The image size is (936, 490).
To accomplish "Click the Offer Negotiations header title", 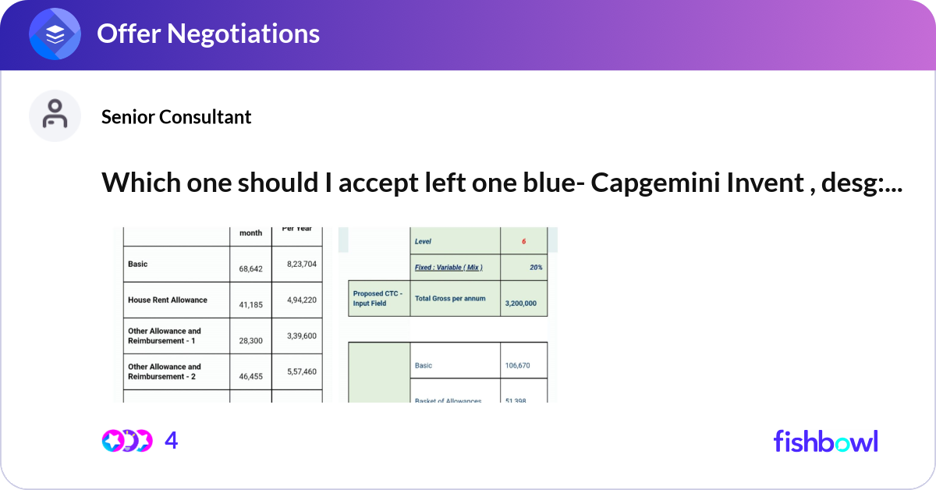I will [x=207, y=34].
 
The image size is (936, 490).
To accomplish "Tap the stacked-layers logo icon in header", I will [x=55, y=34].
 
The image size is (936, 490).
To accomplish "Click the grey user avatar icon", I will [x=55, y=115].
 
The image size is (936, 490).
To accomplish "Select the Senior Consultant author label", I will [x=176, y=117].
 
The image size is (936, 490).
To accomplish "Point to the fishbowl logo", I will [x=825, y=441].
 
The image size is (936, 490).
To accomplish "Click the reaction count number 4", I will [x=172, y=441].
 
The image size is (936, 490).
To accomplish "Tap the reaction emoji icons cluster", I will [x=127, y=441].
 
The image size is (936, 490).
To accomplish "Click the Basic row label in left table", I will [x=138, y=265].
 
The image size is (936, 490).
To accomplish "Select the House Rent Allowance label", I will [x=167, y=300].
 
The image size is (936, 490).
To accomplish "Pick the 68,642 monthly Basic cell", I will [x=251, y=268].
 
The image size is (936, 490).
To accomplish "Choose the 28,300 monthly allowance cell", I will [x=251, y=341].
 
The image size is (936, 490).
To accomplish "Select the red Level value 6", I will [x=523, y=242].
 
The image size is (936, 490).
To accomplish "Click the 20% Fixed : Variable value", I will [x=535, y=268].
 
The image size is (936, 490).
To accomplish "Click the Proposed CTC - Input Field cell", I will [x=378, y=298].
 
